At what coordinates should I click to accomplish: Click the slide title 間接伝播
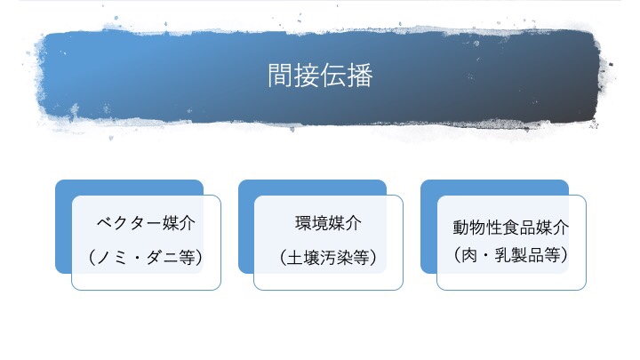(320, 75)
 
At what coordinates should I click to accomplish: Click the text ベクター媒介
(146, 222)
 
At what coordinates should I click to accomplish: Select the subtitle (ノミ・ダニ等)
(146, 257)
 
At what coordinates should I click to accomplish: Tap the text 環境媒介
(328, 222)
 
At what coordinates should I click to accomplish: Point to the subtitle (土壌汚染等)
(328, 257)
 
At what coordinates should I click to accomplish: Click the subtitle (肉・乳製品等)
(510, 255)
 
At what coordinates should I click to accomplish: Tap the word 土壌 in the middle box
(302, 257)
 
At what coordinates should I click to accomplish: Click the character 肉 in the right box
(472, 255)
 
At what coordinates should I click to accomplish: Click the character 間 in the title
(281, 75)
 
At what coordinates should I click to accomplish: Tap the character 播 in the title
(360, 75)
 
